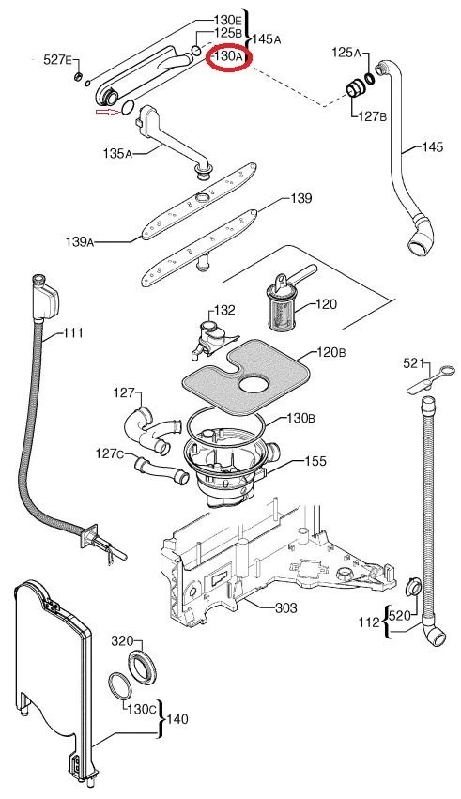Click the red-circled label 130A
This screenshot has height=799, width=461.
(x=228, y=56)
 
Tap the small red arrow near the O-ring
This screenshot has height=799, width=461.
(x=107, y=111)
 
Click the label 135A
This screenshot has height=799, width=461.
(x=117, y=152)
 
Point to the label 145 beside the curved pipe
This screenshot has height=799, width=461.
(x=433, y=147)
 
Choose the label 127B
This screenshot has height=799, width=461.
(x=373, y=116)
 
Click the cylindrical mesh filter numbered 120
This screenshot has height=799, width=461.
(x=282, y=308)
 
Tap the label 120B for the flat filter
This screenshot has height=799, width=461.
(x=331, y=352)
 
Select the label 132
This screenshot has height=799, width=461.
(x=224, y=310)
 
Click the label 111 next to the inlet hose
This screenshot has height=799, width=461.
(x=73, y=332)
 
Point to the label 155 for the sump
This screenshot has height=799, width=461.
(x=315, y=461)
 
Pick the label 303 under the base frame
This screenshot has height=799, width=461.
(x=286, y=607)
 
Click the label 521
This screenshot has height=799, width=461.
(x=414, y=363)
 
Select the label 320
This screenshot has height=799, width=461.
(x=122, y=641)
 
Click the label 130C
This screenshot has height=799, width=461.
(x=142, y=709)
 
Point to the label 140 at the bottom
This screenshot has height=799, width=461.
(x=177, y=719)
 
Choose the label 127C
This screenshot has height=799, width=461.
(x=110, y=453)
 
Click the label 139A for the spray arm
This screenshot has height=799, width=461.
(x=80, y=241)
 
